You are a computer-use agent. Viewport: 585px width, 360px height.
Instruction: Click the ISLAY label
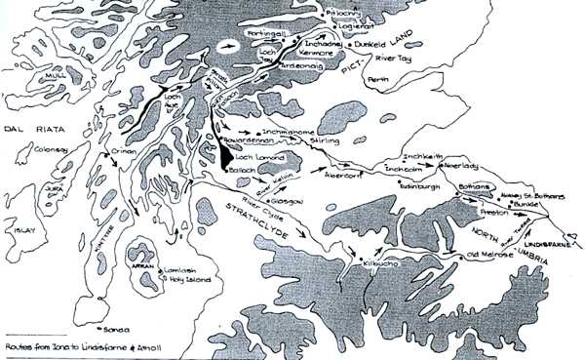[x=23, y=231]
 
